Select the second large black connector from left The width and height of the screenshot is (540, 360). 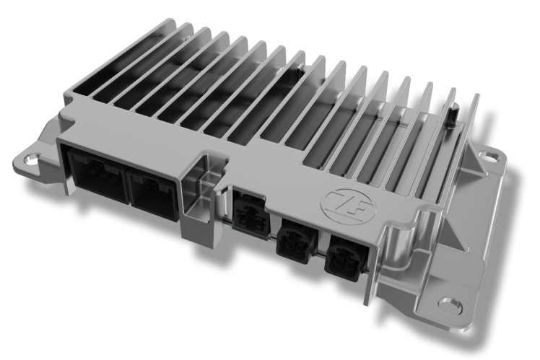pyautogui.click(x=152, y=189)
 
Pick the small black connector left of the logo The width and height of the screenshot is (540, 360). pyautogui.click(x=248, y=209)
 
